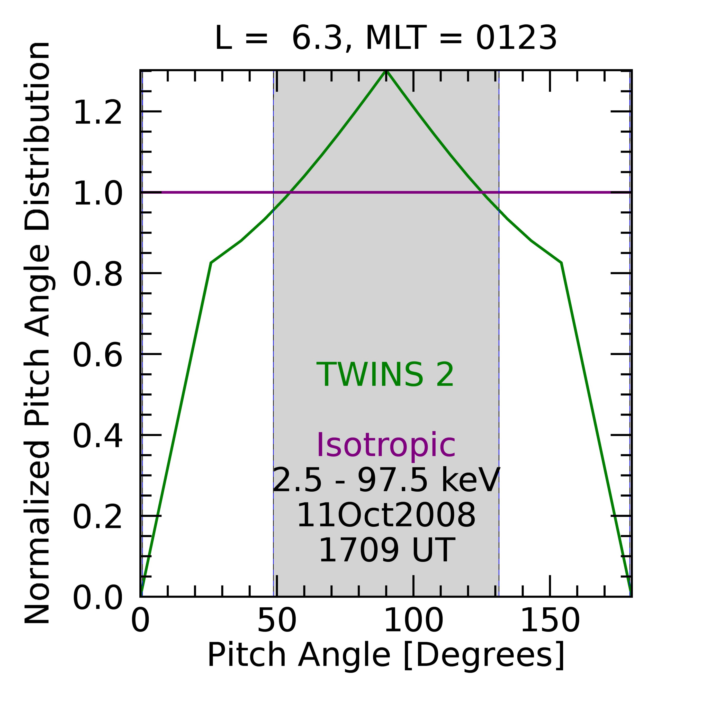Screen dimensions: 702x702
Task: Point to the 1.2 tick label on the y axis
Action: pos(97,113)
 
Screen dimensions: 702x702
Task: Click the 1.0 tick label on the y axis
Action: pos(97,194)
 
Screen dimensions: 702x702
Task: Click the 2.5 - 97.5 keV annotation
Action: pos(386,481)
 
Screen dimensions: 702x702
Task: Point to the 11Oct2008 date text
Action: pos(386,516)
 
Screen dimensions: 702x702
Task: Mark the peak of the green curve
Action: pos(386,71)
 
